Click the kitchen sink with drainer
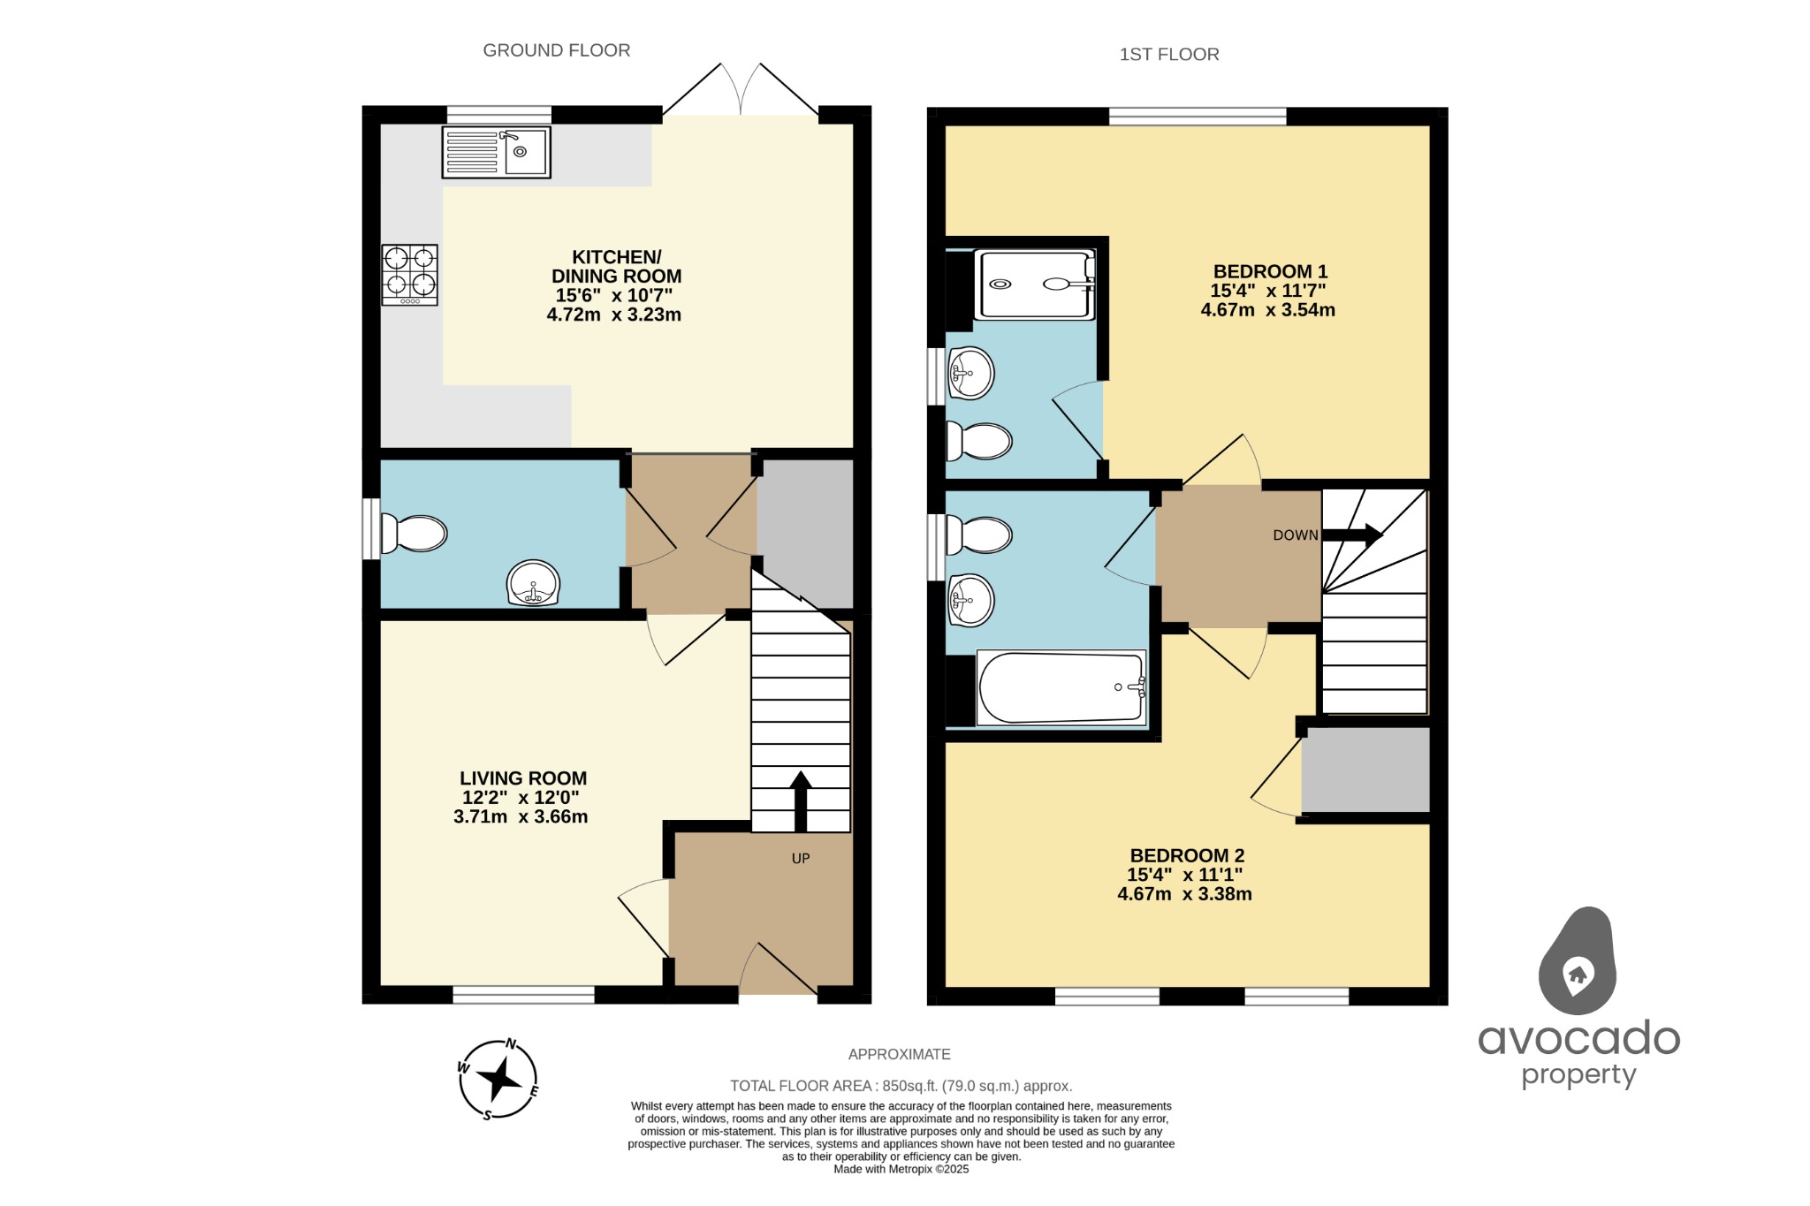click(x=496, y=152)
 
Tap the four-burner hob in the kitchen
click(x=410, y=275)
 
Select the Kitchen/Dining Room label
click(x=616, y=266)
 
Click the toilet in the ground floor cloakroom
click(x=414, y=534)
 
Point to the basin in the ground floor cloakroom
click(x=533, y=583)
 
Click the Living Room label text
click(x=522, y=778)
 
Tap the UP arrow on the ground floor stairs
click(x=801, y=800)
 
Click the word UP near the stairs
click(x=801, y=859)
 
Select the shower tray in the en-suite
click(x=1034, y=284)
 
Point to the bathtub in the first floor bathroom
click(x=1061, y=688)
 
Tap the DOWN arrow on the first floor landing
click(x=1352, y=535)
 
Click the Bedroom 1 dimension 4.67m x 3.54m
click(x=1267, y=310)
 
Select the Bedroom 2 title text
click(x=1187, y=855)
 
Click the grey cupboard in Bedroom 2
click(x=1365, y=770)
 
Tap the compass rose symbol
click(x=498, y=1079)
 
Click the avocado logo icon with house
click(x=1578, y=962)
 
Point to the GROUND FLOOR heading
click(x=556, y=50)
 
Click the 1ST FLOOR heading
click(x=1168, y=55)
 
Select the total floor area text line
click(x=901, y=1086)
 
